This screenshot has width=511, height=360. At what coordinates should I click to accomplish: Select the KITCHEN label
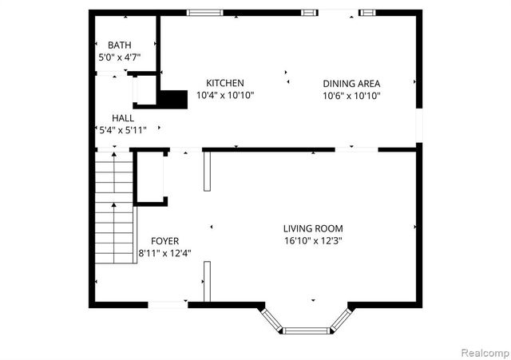(224, 83)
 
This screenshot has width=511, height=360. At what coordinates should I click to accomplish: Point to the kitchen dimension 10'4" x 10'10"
(224, 96)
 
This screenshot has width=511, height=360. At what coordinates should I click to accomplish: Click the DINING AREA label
(351, 83)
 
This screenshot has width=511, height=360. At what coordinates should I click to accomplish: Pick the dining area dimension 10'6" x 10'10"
(351, 96)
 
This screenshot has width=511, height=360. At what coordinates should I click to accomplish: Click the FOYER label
(164, 241)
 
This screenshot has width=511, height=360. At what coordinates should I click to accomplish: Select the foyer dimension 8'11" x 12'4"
(164, 254)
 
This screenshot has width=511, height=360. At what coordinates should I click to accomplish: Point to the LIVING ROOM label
(312, 228)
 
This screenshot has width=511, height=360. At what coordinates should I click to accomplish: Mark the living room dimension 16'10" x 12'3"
(312, 241)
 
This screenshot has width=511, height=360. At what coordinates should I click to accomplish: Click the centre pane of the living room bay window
(307, 330)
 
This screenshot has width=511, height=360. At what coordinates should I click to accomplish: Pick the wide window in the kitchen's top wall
(205, 12)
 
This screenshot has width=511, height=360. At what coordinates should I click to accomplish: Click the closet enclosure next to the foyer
(149, 177)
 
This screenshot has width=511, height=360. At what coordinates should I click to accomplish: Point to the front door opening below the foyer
(168, 304)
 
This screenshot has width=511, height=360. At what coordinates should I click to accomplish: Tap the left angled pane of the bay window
(272, 318)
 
